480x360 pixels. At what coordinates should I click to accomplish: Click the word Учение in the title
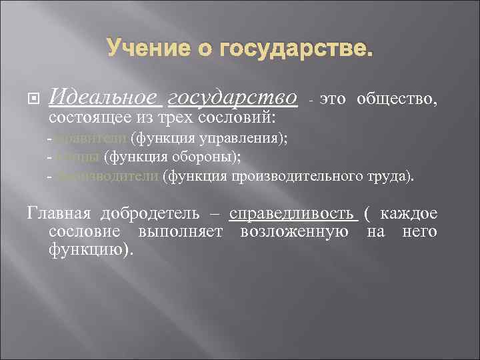click(141, 49)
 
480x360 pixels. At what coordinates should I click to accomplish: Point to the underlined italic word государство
click(232, 99)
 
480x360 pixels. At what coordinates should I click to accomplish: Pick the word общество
click(397, 100)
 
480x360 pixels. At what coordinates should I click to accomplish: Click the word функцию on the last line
click(89, 250)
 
